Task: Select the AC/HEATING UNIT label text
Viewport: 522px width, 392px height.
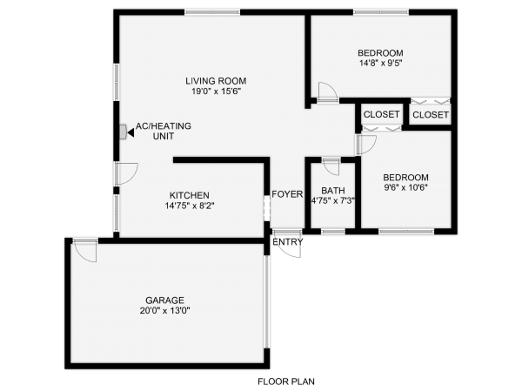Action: [x=163, y=132]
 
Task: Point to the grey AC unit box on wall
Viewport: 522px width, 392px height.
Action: [x=123, y=132]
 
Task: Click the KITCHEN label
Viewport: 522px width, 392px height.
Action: [x=189, y=195]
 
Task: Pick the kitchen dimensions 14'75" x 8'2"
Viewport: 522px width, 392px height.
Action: [x=189, y=206]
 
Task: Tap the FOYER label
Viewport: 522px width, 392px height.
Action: [x=286, y=194]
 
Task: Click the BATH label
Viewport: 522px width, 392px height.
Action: [x=332, y=191]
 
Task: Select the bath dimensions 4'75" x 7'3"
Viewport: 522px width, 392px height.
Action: [x=332, y=201]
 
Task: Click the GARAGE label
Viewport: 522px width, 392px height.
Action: [x=164, y=301]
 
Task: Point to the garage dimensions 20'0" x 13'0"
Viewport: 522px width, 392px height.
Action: [x=164, y=311]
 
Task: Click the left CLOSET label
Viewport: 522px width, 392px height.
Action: [x=381, y=115]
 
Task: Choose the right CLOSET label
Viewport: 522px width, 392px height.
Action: [x=431, y=115]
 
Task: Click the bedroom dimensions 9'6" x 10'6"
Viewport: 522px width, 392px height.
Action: [x=406, y=186]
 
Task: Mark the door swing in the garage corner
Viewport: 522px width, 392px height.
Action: [x=85, y=252]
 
